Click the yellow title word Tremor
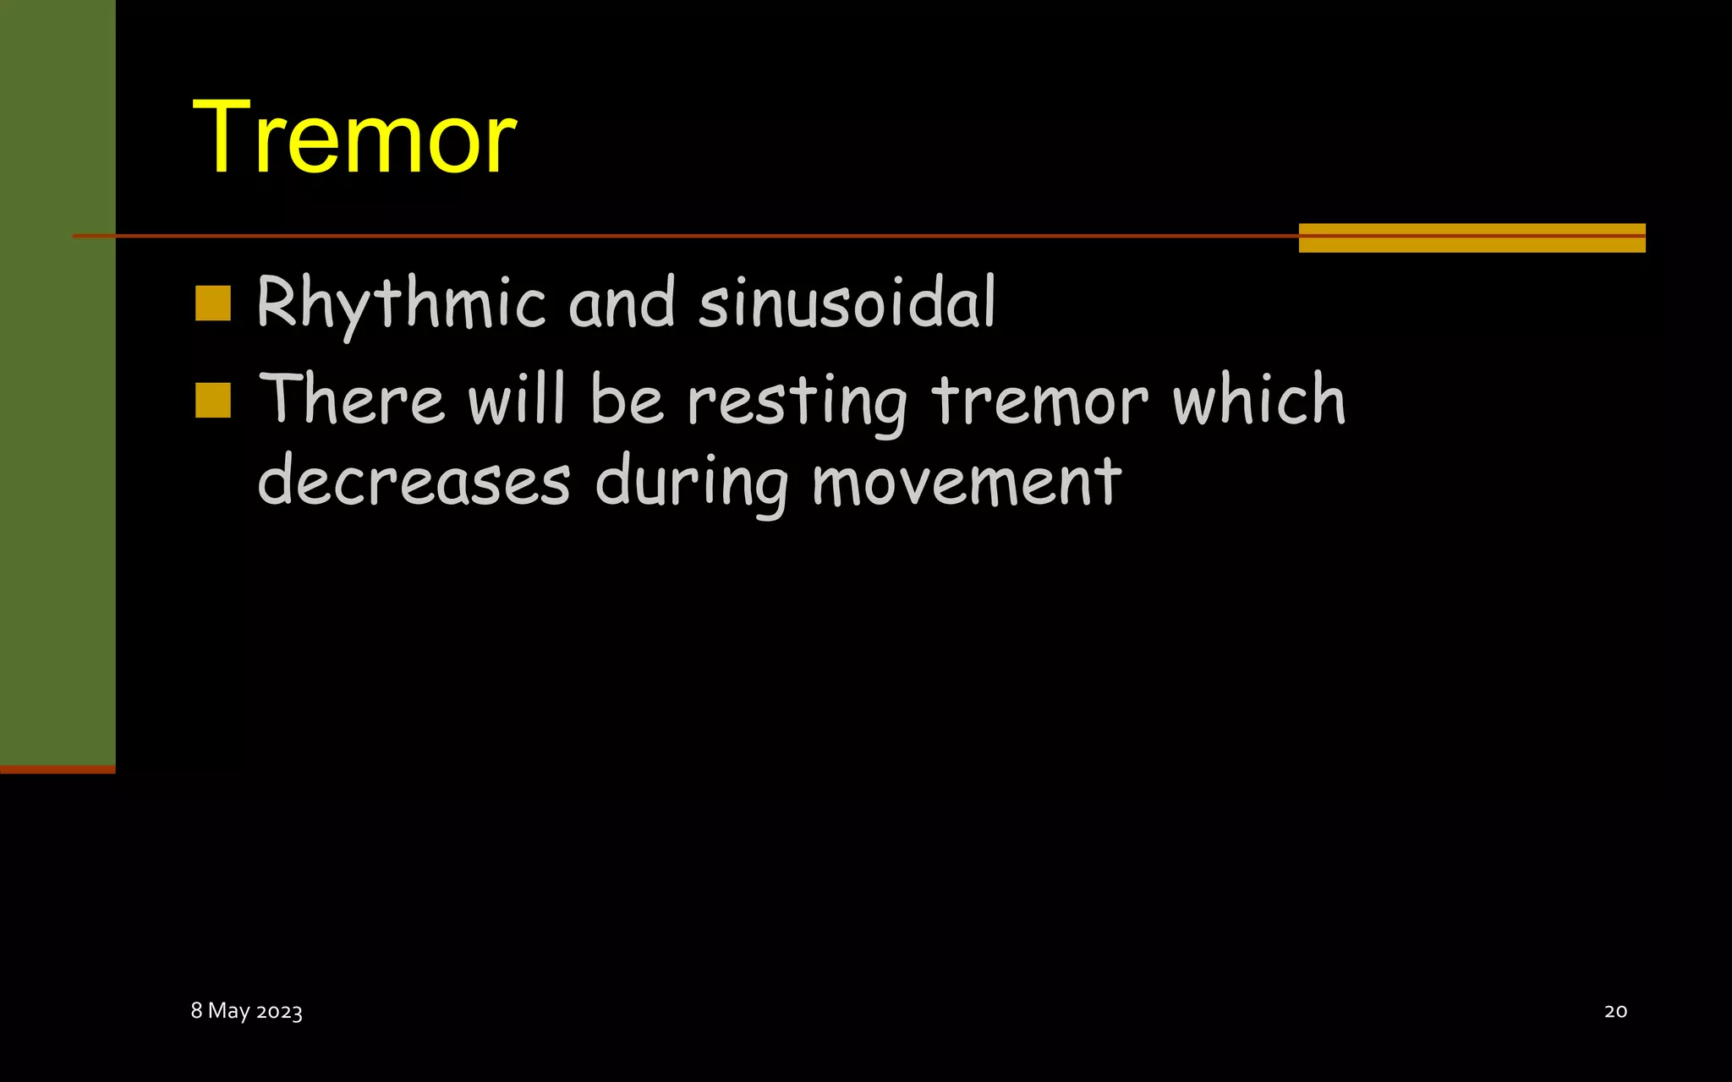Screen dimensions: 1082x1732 pos(354,137)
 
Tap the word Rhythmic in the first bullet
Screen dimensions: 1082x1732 pos(401,303)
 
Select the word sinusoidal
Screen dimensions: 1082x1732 pos(847,302)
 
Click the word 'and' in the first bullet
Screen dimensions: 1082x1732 pos(622,302)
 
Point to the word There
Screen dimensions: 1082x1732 pos(352,399)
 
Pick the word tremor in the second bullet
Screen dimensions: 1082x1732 pos(1039,400)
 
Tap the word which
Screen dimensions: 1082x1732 pos(1258,399)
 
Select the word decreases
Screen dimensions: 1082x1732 pos(414,481)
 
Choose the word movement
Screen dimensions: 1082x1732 pos(966,481)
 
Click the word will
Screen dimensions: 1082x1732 pos(516,399)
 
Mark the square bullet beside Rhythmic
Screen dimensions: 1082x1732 pos(213,303)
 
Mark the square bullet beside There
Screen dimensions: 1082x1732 pos(213,401)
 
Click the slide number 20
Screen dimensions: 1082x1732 pos(1615,1011)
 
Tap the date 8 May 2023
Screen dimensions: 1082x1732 pos(246,1011)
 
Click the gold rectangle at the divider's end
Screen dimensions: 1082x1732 pos(1472,238)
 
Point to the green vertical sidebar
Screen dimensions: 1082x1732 pos(58,380)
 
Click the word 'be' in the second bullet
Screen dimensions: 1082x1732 pos(627,399)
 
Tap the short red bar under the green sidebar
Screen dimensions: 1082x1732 pos(58,769)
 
